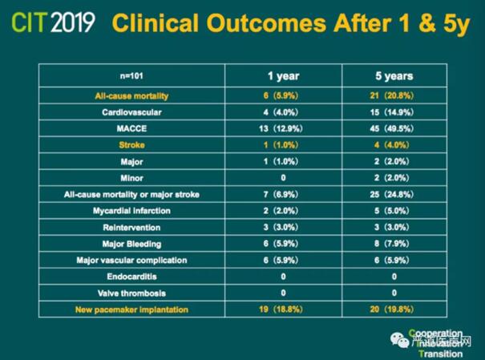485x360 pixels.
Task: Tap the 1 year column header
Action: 284,77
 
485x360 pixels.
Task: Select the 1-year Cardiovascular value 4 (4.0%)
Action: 284,113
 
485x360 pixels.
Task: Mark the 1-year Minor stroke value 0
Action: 284,178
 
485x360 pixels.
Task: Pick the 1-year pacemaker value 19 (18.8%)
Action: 284,309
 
